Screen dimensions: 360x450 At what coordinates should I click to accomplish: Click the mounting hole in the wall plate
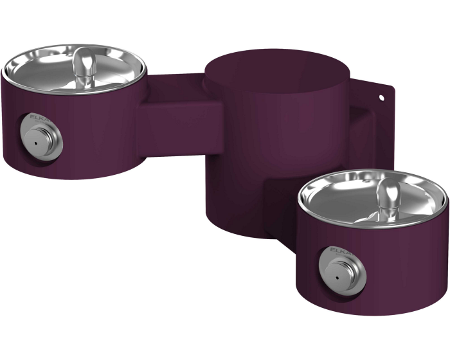pos(381,98)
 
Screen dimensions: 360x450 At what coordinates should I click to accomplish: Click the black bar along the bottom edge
pos(225,337)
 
